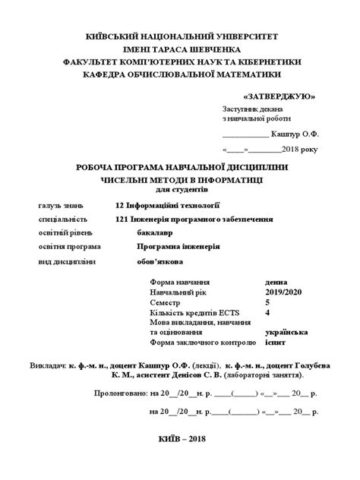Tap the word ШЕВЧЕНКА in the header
(210, 49)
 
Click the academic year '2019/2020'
(284, 292)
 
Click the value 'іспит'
(276, 341)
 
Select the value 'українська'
(286, 331)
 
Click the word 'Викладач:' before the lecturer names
(48, 365)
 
